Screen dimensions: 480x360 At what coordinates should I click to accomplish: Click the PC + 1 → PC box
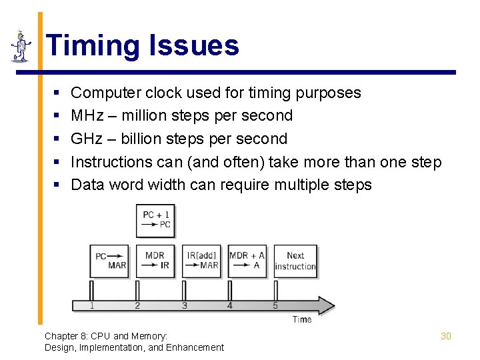(156, 220)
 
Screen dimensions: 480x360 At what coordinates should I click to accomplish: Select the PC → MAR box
(110, 261)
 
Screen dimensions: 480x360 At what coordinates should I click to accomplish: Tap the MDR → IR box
(156, 261)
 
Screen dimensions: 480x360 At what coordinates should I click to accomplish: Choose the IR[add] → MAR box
(201, 261)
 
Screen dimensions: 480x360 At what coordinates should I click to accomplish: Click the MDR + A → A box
(247, 261)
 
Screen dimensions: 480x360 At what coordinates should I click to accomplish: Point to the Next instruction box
(295, 261)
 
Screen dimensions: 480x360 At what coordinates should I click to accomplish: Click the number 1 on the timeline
(92, 306)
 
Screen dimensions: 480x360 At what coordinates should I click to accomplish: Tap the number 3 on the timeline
(184, 306)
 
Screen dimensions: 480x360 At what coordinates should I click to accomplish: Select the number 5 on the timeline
(275, 306)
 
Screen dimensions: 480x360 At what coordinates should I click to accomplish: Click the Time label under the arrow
(302, 319)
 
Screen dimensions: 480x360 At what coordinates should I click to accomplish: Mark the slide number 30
(446, 336)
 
